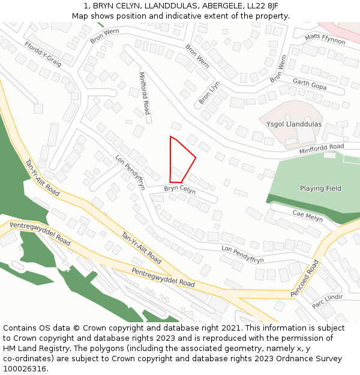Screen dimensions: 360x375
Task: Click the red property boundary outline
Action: (x=196, y=158)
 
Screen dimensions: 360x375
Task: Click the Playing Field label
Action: (x=320, y=188)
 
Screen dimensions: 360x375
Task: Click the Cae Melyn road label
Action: (x=307, y=216)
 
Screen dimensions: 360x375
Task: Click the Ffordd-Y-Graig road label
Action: (x=43, y=55)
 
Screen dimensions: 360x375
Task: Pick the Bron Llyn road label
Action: (x=209, y=93)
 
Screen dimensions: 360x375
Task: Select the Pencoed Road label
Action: (x=305, y=278)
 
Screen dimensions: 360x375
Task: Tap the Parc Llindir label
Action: (x=327, y=301)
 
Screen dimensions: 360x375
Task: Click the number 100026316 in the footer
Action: (x=25, y=368)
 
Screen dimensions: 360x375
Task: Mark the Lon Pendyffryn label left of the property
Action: (x=130, y=172)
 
